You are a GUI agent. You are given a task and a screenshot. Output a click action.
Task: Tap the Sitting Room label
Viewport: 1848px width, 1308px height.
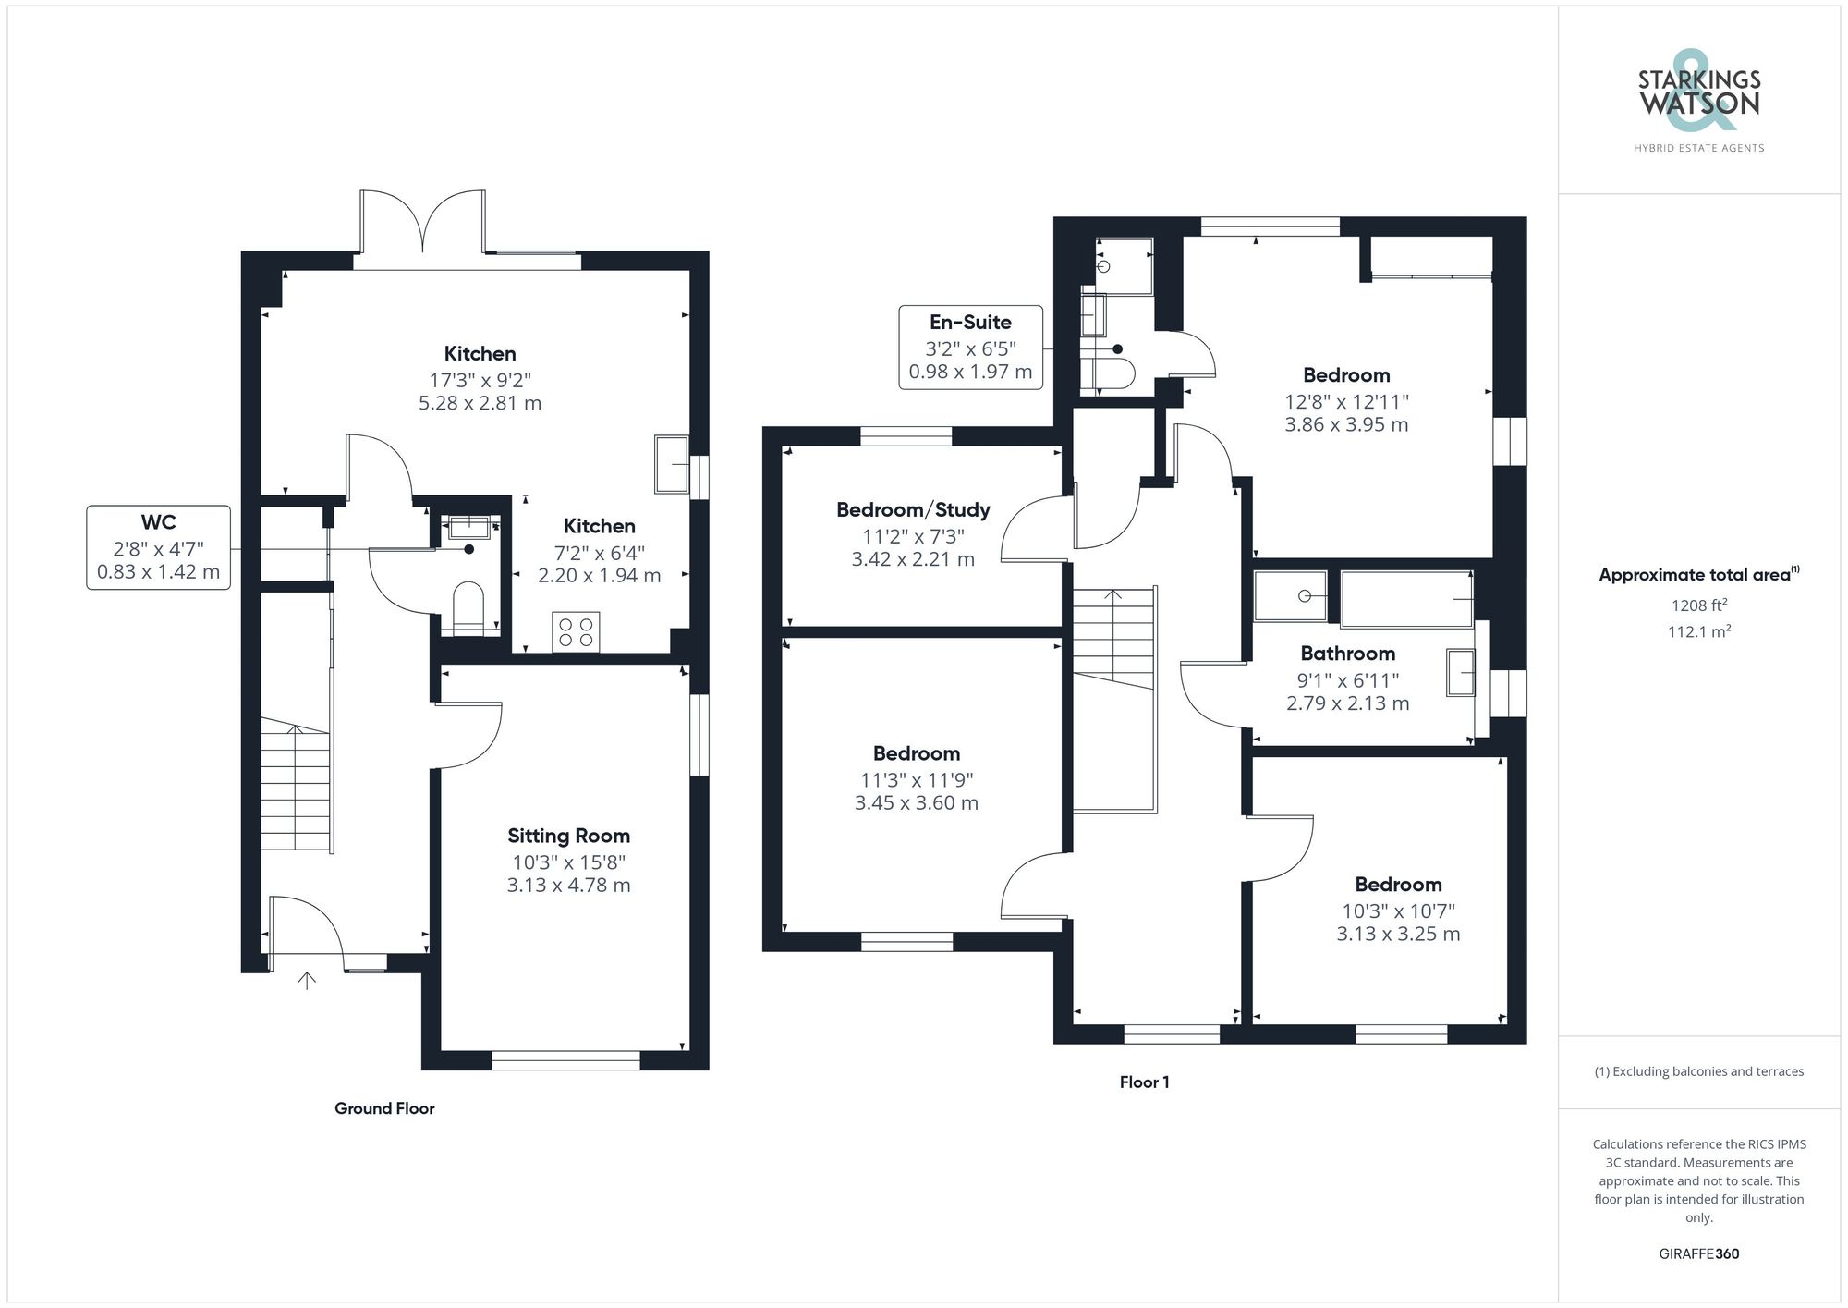click(x=568, y=836)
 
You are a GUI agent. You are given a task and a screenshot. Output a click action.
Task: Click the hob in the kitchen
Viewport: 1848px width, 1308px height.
click(x=576, y=632)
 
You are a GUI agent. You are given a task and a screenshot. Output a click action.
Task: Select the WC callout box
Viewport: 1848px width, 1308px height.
click(x=158, y=547)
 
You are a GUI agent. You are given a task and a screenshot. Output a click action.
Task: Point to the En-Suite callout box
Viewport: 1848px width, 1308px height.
click(x=970, y=348)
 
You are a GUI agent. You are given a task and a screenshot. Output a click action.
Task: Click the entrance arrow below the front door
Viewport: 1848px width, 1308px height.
click(x=307, y=980)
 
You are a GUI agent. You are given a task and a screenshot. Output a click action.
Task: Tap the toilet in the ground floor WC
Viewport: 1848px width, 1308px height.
click(x=468, y=606)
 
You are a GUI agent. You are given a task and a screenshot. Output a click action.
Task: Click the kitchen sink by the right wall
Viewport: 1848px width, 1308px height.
click(x=671, y=464)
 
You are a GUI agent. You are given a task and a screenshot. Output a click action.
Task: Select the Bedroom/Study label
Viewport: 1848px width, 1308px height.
click(x=913, y=509)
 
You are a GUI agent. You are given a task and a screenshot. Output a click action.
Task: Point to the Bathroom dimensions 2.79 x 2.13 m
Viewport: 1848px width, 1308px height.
click(x=1347, y=703)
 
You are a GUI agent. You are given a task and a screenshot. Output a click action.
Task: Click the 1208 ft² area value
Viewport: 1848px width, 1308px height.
click(x=1698, y=605)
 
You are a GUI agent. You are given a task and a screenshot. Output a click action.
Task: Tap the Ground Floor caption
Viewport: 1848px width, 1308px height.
click(x=384, y=1108)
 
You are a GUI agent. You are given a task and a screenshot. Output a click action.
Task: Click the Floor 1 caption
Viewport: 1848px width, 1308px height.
click(x=1144, y=1082)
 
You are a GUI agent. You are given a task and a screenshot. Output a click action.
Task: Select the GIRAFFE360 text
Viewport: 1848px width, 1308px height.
click(x=1698, y=1254)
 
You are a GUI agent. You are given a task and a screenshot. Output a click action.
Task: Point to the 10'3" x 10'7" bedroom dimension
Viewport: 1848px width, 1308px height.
click(x=1398, y=911)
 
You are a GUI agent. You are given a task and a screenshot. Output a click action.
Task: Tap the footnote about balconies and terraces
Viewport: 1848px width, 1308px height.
click(x=1698, y=1072)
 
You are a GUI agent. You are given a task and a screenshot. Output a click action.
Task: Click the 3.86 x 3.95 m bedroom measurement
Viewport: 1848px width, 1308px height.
click(x=1346, y=425)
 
